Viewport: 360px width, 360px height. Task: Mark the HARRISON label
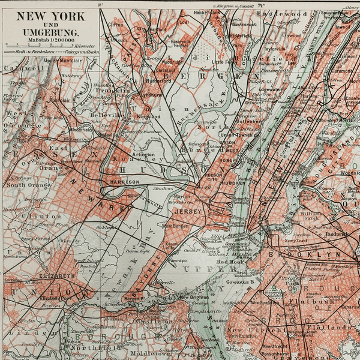click(x=124, y=181)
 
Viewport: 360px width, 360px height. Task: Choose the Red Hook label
click(x=229, y=262)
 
